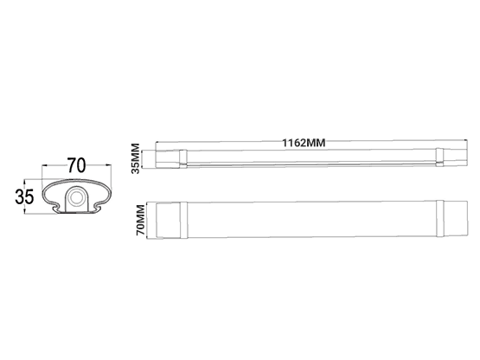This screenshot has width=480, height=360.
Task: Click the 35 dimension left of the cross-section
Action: tap(23, 196)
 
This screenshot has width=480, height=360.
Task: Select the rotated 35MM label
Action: tap(136, 158)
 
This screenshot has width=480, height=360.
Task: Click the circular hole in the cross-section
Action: tap(76, 198)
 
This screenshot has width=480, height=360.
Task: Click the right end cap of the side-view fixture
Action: tap(442, 157)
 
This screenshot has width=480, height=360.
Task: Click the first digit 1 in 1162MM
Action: tap(282, 143)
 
